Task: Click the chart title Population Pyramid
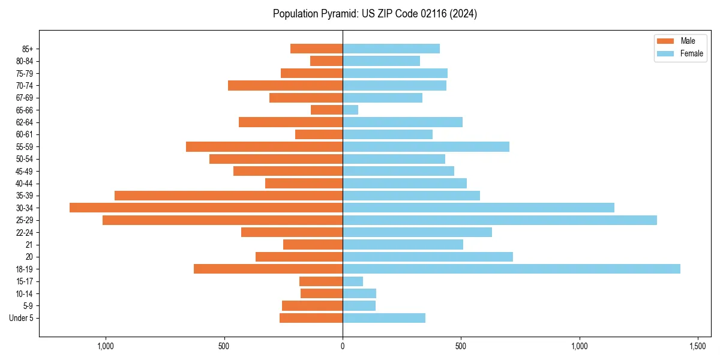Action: (x=374, y=14)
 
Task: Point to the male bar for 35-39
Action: (x=229, y=196)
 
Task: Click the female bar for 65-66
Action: (x=350, y=110)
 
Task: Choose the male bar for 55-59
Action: (x=264, y=146)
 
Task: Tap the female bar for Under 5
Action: (x=384, y=318)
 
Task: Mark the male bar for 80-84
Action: (x=326, y=61)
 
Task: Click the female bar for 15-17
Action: (x=353, y=281)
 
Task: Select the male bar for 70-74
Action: (x=285, y=85)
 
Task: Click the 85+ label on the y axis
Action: (x=26, y=49)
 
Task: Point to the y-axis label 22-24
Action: (x=24, y=232)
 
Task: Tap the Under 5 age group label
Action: (x=21, y=318)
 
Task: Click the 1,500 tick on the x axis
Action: (x=697, y=346)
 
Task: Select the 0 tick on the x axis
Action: (x=343, y=346)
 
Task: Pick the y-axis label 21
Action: (x=29, y=245)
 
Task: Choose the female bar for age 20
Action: (x=428, y=257)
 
